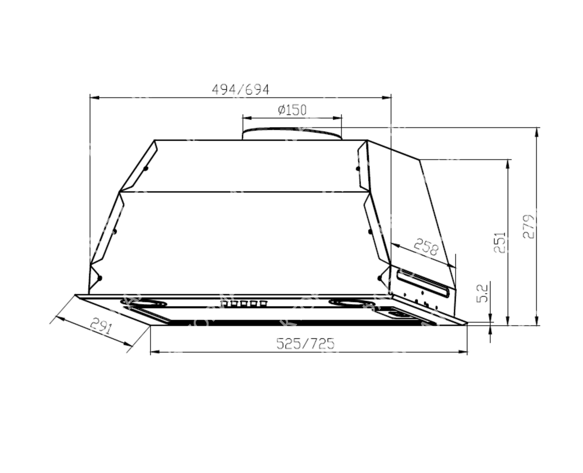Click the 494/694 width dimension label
[240, 90]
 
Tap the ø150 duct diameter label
[292, 110]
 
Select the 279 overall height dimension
[529, 226]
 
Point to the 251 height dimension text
[499, 242]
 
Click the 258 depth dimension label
[426, 247]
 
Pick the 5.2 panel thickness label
[482, 293]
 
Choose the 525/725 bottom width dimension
[305, 344]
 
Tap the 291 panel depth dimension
[101, 326]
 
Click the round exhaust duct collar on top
[292, 133]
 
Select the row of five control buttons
[243, 303]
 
